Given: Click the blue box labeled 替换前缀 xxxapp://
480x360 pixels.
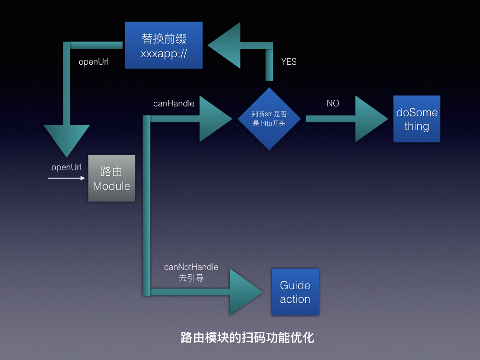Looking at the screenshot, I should point(164,45).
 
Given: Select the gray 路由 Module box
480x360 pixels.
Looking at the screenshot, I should point(112,178).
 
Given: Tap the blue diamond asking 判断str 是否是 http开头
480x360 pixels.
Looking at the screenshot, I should point(269,119).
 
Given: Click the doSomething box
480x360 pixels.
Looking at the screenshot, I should point(417,119).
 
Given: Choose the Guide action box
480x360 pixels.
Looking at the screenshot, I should point(295,292).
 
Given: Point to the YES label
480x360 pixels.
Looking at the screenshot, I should point(289,61).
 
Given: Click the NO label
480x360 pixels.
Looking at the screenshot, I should point(333,103).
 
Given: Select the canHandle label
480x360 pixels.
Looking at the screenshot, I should point(174,103).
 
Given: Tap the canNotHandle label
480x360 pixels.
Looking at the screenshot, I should point(191,267).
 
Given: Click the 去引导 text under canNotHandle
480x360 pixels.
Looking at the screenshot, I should point(191,277).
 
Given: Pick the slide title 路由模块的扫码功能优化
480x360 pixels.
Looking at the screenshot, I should point(247,337).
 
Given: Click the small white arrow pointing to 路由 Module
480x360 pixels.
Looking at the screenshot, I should point(67,178).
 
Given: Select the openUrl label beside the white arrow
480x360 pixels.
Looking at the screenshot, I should point(67,167).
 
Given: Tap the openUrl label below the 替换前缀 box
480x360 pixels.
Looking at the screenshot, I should point(94,61).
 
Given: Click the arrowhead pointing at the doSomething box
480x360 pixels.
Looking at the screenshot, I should point(370,119).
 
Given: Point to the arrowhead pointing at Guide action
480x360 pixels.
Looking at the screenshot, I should point(245,292).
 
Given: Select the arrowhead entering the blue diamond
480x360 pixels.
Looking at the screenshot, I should point(215,119).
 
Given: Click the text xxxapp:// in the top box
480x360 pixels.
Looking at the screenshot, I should point(164,53).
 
